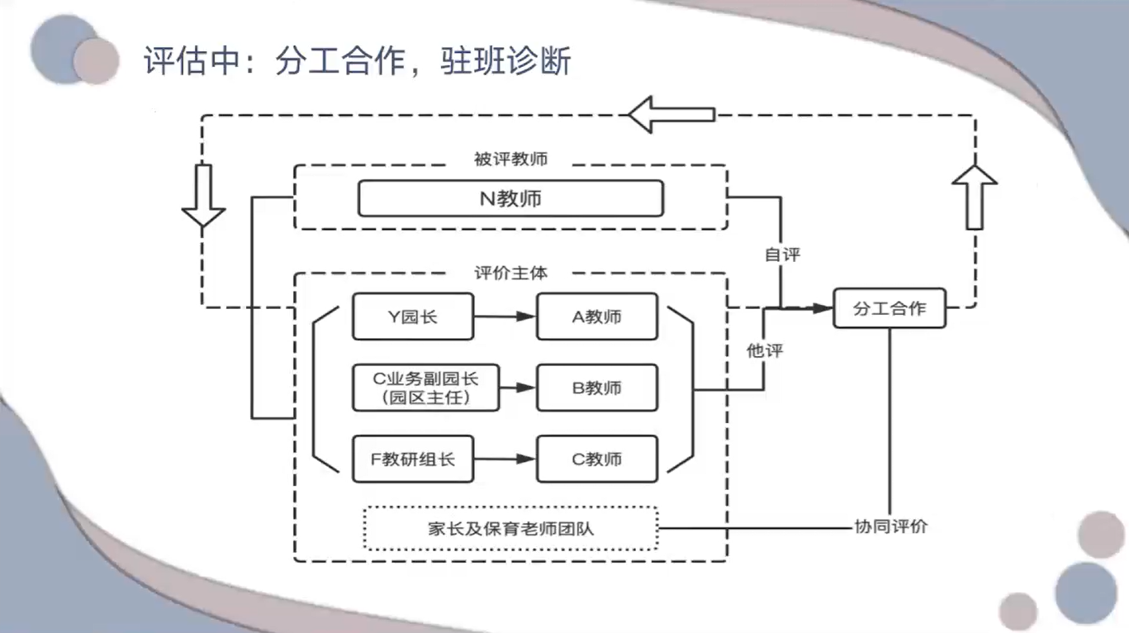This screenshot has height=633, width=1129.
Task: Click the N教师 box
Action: click(x=510, y=198)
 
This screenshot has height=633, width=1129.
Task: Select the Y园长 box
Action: click(x=413, y=316)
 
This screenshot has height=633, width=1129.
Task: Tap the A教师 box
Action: click(x=596, y=316)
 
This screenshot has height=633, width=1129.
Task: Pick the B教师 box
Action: click(x=596, y=388)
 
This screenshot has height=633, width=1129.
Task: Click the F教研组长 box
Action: click(x=414, y=459)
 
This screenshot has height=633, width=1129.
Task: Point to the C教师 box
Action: click(x=596, y=459)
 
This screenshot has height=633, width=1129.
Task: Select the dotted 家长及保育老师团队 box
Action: click(x=510, y=528)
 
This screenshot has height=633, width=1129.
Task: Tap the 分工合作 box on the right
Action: click(x=889, y=308)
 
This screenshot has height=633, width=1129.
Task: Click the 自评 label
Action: click(x=782, y=255)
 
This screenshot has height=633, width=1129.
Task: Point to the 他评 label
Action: click(x=764, y=350)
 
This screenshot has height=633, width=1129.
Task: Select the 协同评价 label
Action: click(x=889, y=526)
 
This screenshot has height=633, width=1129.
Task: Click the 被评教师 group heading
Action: click(x=510, y=159)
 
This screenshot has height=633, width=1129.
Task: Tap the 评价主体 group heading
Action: click(x=510, y=271)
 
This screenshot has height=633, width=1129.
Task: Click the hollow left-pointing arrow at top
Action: click(x=671, y=114)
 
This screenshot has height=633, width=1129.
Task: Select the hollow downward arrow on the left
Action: click(x=202, y=196)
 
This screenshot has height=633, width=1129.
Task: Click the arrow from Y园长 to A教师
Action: click(x=505, y=316)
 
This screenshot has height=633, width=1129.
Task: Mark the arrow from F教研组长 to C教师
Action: click(x=505, y=459)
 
